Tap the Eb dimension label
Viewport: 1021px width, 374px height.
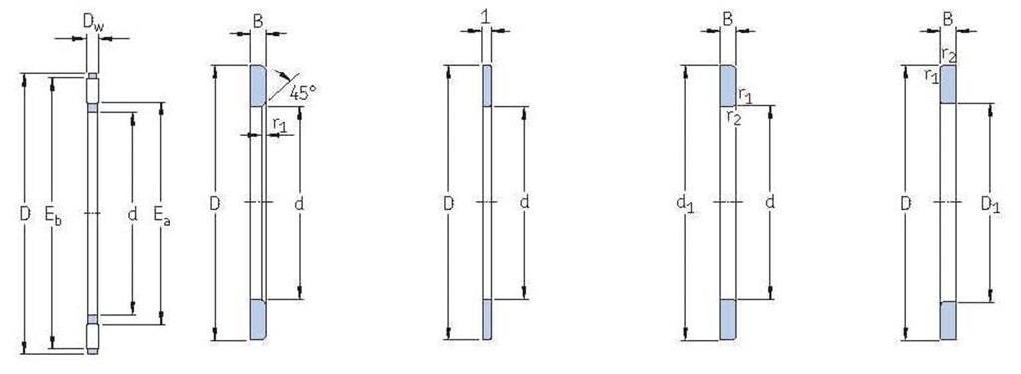(x=53, y=215)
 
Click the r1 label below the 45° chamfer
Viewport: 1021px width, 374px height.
(x=279, y=123)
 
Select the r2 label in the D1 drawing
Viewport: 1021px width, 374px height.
(x=948, y=53)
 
